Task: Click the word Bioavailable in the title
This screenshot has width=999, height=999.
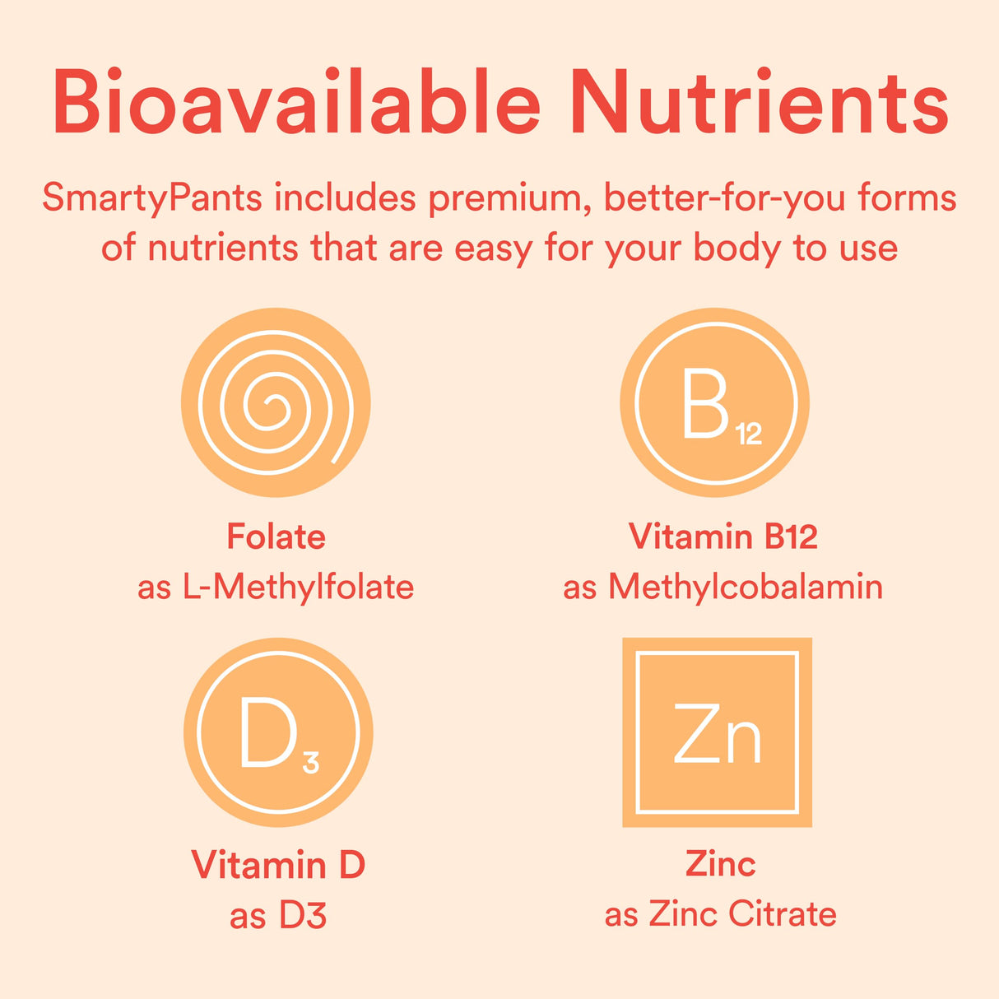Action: click(x=296, y=103)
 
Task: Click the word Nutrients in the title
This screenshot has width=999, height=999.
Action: click(x=759, y=103)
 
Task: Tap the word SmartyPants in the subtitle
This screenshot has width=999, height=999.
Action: click(x=152, y=198)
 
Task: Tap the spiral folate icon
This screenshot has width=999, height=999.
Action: click(x=276, y=402)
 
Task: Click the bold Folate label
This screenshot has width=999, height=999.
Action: click(x=276, y=537)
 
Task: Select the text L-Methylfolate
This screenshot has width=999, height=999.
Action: click(x=298, y=588)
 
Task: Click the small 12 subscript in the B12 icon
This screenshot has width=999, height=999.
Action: click(x=749, y=434)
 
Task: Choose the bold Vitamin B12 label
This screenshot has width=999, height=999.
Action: click(x=723, y=537)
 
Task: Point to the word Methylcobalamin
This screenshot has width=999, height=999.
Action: click(x=746, y=588)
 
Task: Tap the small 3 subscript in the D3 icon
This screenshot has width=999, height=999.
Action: click(x=310, y=763)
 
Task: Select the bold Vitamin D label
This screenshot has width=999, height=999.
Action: click(x=278, y=865)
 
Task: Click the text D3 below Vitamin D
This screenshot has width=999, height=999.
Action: click(x=303, y=916)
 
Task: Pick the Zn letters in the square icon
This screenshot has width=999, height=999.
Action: click(x=717, y=732)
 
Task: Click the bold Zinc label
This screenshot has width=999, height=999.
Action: click(x=720, y=864)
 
